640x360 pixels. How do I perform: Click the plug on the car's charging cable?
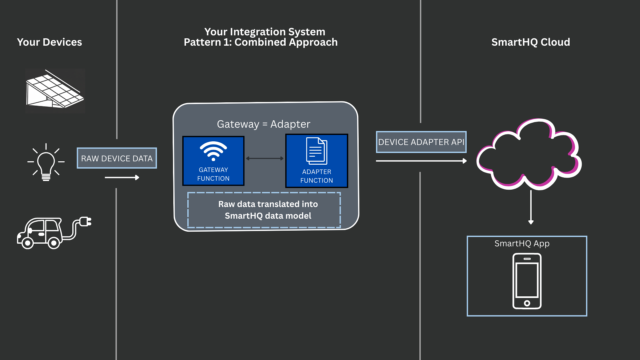[x=85, y=221]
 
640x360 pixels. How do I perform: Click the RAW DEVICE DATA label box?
[x=117, y=158]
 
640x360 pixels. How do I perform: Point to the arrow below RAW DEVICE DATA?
[x=122, y=177]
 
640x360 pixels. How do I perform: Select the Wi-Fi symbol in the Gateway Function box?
[x=213, y=151]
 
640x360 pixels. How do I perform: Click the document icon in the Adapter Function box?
[x=317, y=151]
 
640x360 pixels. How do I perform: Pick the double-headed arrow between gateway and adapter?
[x=265, y=158]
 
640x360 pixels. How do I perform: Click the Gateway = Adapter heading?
[x=263, y=124]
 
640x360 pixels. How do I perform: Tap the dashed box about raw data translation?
[x=264, y=210]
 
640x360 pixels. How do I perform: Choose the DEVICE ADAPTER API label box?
[x=421, y=142]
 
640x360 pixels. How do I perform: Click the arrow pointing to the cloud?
[x=421, y=161]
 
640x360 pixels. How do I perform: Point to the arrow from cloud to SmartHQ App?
[x=531, y=207]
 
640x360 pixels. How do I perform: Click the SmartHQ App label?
[x=522, y=244]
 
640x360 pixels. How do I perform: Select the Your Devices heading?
[x=49, y=42]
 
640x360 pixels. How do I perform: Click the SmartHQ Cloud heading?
[x=531, y=42]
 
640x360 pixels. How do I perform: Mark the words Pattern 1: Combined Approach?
[x=261, y=42]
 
